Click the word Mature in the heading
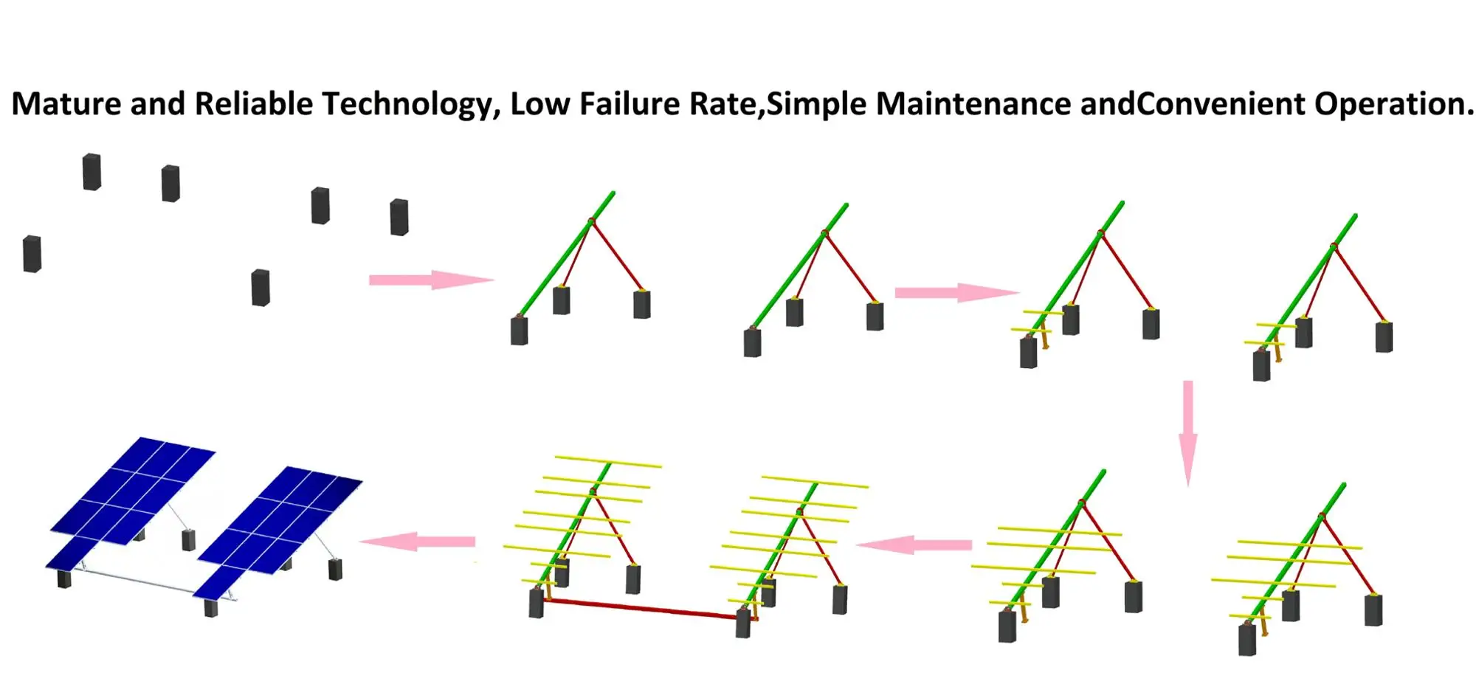pyautogui.click(x=66, y=104)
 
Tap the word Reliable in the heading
pyautogui.click(x=253, y=104)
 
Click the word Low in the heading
pyautogui.click(x=539, y=104)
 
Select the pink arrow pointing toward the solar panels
pyautogui.click(x=418, y=542)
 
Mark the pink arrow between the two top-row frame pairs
pyautogui.click(x=956, y=292)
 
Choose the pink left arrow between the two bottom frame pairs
pyautogui.click(x=914, y=545)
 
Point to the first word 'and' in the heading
pyautogui.click(x=158, y=104)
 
